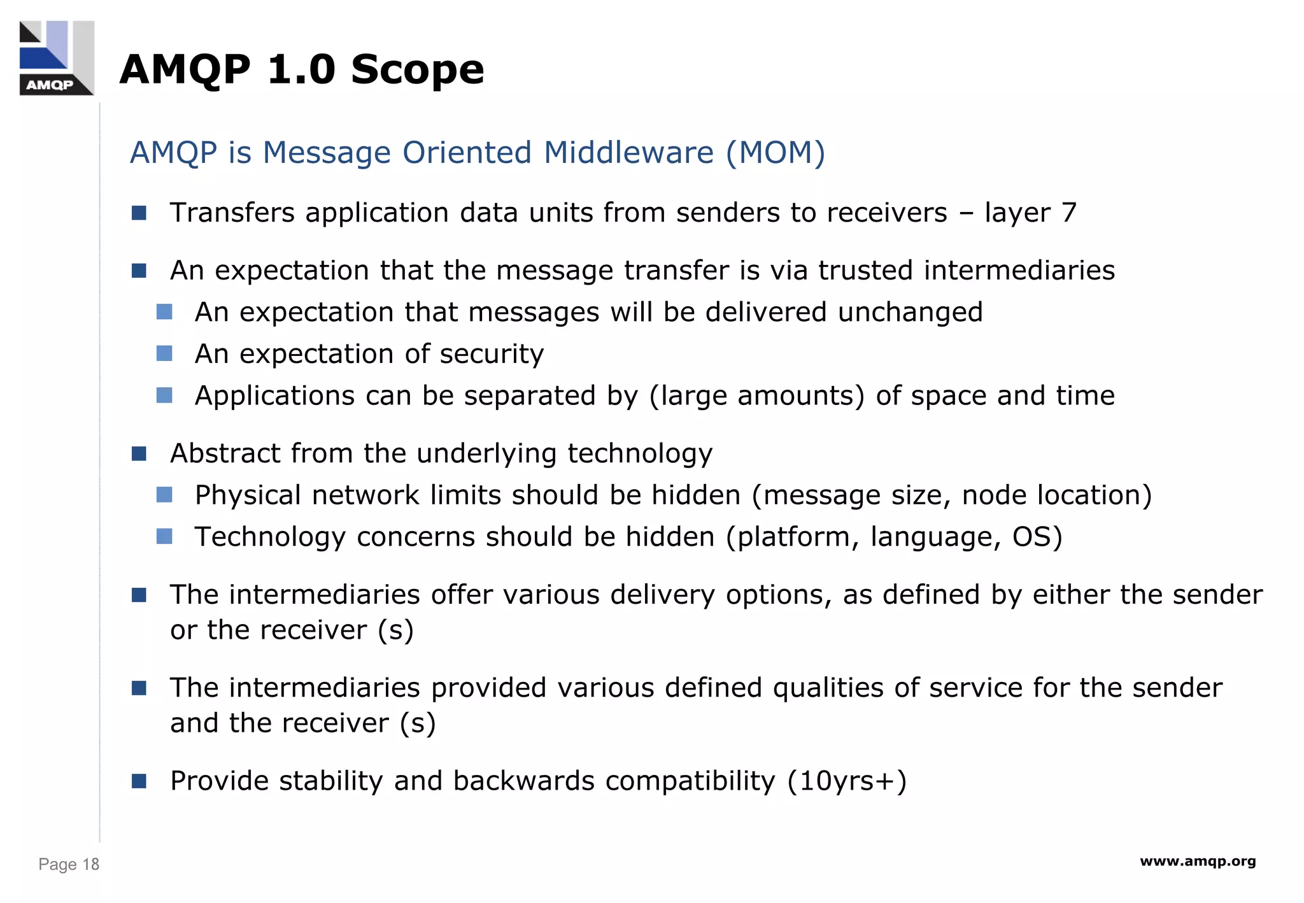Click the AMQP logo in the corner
pyautogui.click(x=57, y=58)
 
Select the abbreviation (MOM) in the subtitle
pyautogui.click(x=776, y=153)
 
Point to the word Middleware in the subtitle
pyautogui.click(x=628, y=153)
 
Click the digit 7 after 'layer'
pyautogui.click(x=1068, y=213)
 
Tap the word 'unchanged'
pyautogui.click(x=910, y=313)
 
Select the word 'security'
pyautogui.click(x=492, y=354)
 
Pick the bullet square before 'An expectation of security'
pyautogui.click(x=164, y=353)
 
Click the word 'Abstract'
pyautogui.click(x=225, y=453)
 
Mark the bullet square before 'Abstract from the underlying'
pyautogui.click(x=139, y=453)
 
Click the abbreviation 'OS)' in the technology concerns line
pyautogui.click(x=1037, y=537)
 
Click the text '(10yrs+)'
pyautogui.click(x=847, y=781)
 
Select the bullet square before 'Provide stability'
pyautogui.click(x=139, y=781)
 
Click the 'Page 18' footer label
pyautogui.click(x=69, y=864)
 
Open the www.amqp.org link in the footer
pyautogui.click(x=1198, y=862)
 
